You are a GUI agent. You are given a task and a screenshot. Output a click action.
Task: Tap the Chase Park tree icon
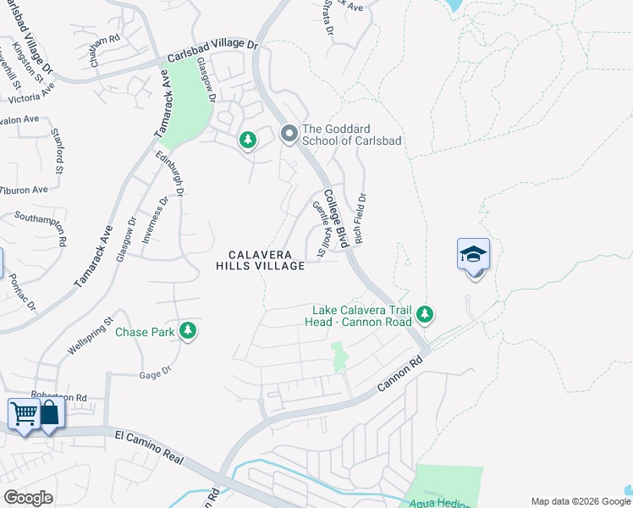click(189, 332)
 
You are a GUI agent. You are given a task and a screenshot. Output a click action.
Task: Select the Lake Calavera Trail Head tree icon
click(424, 316)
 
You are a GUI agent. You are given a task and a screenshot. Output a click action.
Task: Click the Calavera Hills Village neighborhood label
click(260, 260)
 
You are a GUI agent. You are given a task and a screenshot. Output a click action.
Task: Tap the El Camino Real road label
click(149, 447)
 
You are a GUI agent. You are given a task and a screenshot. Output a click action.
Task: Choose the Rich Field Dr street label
click(361, 220)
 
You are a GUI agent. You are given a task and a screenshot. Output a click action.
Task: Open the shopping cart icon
click(24, 415)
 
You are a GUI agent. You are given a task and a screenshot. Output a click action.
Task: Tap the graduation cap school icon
click(473, 254)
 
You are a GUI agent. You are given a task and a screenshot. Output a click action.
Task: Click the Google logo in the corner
click(28, 498)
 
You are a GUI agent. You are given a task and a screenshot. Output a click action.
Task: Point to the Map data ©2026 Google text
click(581, 501)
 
